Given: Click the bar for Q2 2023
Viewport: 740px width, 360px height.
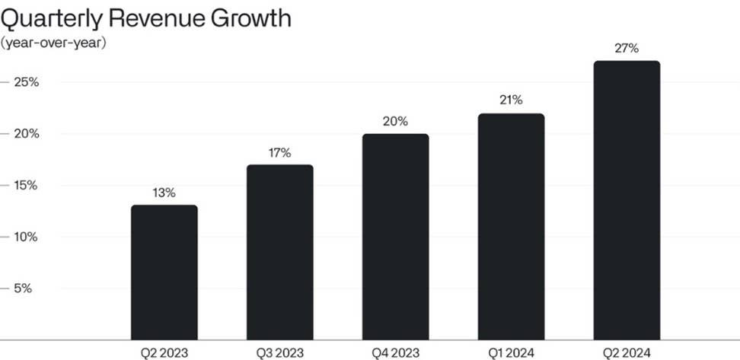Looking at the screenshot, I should click(164, 272).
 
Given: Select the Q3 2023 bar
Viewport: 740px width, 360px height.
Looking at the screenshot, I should click(279, 252).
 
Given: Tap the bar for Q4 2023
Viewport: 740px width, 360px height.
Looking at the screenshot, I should click(395, 237).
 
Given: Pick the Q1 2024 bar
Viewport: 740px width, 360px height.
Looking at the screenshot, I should click(511, 227).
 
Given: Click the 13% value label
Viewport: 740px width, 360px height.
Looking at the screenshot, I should click(164, 193).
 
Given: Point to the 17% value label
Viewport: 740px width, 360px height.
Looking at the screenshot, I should click(279, 153).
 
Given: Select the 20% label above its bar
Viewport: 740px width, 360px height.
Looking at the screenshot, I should click(396, 122).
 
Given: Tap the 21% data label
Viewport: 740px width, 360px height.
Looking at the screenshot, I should click(511, 100).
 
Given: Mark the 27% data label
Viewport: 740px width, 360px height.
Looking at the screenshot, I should click(627, 49).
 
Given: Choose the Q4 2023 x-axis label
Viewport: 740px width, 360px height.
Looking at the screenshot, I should click(395, 352).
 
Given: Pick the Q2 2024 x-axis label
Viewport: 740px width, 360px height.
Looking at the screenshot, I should click(627, 352).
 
